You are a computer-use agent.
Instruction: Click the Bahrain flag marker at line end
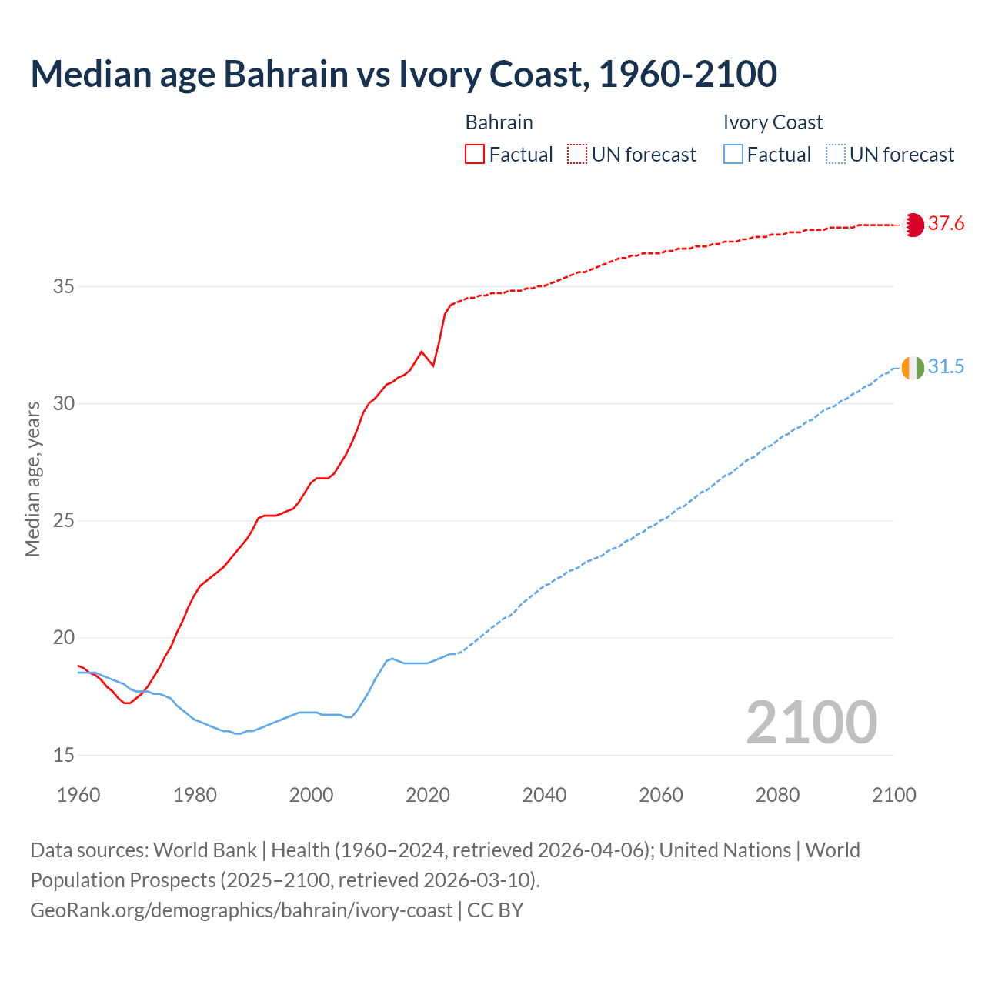[x=913, y=225]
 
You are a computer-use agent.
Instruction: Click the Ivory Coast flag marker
[x=913, y=368]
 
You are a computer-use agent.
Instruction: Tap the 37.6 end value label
[x=946, y=224]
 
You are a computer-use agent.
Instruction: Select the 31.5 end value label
[x=946, y=367]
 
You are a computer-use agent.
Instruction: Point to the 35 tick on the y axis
[x=64, y=287]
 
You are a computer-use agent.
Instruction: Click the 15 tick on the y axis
[x=64, y=755]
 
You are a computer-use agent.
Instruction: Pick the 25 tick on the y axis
[x=64, y=521]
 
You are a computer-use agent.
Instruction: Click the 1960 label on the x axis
[x=78, y=795]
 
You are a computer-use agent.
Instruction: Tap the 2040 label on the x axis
[x=544, y=795]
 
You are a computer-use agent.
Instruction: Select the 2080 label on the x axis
[x=777, y=795]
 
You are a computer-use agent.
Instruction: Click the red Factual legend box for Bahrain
[x=475, y=155]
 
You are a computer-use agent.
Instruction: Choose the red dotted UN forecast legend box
[x=577, y=155]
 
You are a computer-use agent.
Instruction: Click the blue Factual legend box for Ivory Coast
[x=733, y=155]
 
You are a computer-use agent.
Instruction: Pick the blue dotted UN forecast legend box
[x=835, y=155]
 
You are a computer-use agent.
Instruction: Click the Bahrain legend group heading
[x=499, y=122]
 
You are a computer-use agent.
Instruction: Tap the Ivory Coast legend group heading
[x=773, y=122]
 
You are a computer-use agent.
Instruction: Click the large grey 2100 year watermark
[x=811, y=722]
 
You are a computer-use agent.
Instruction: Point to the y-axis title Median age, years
[x=32, y=479]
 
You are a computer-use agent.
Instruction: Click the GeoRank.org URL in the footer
[x=241, y=910]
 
